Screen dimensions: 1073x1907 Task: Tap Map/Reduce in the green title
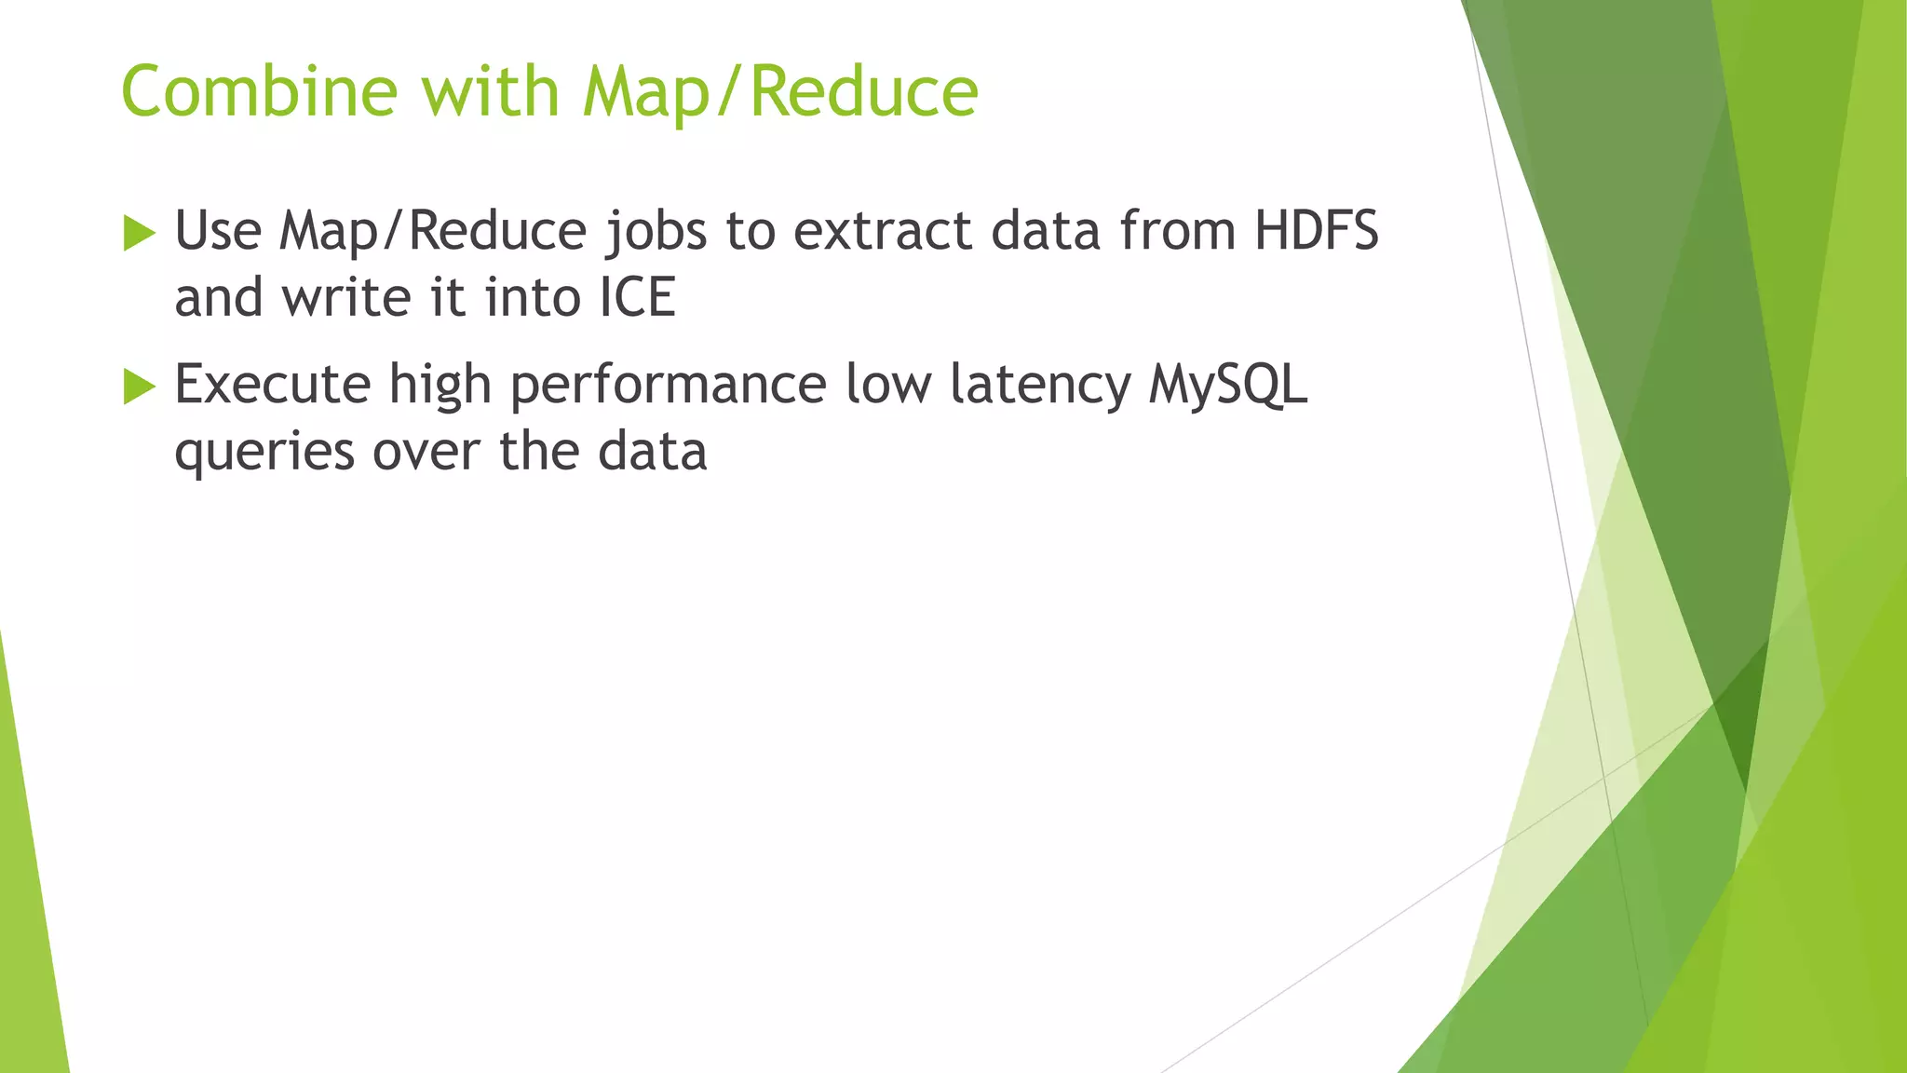point(780,93)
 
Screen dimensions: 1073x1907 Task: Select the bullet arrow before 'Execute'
point(139,386)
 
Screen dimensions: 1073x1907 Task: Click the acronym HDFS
point(1316,230)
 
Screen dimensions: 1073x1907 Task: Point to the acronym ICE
point(637,298)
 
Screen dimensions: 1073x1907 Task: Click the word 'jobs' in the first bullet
point(656,232)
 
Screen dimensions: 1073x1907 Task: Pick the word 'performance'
point(668,386)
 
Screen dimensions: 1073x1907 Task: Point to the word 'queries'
point(264,453)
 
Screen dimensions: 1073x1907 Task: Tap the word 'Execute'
point(273,384)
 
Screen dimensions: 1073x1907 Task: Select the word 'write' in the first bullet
point(346,298)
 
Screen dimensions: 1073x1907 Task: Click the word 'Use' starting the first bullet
point(218,230)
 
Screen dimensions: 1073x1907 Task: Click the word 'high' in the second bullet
point(440,386)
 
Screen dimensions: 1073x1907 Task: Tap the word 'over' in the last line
point(426,452)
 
